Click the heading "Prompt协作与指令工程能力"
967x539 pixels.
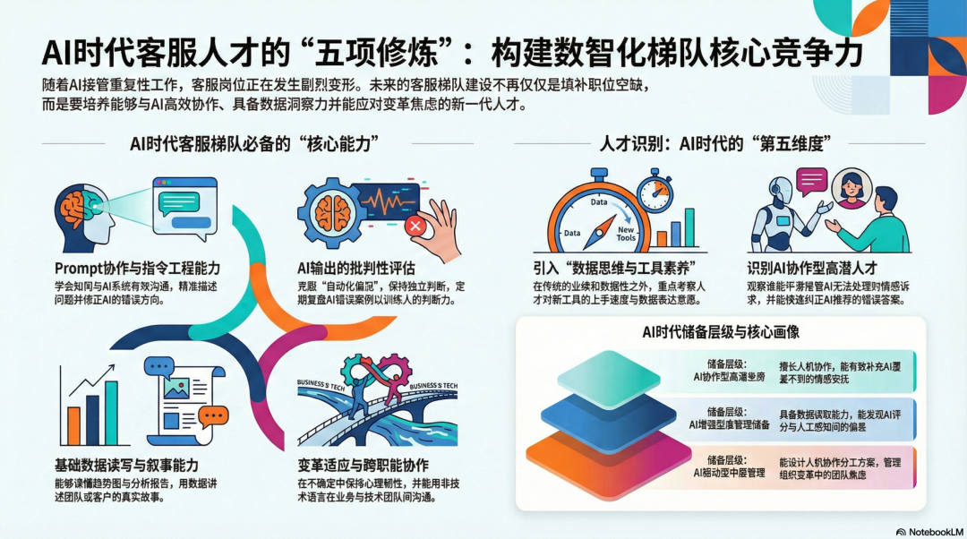[137, 268]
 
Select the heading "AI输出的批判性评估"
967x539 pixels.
[355, 268]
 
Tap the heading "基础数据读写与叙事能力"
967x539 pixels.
[125, 466]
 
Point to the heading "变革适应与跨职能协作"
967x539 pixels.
[363, 466]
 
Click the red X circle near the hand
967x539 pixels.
[415, 227]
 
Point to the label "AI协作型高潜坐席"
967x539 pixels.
[731, 377]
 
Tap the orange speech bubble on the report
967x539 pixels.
[214, 416]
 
